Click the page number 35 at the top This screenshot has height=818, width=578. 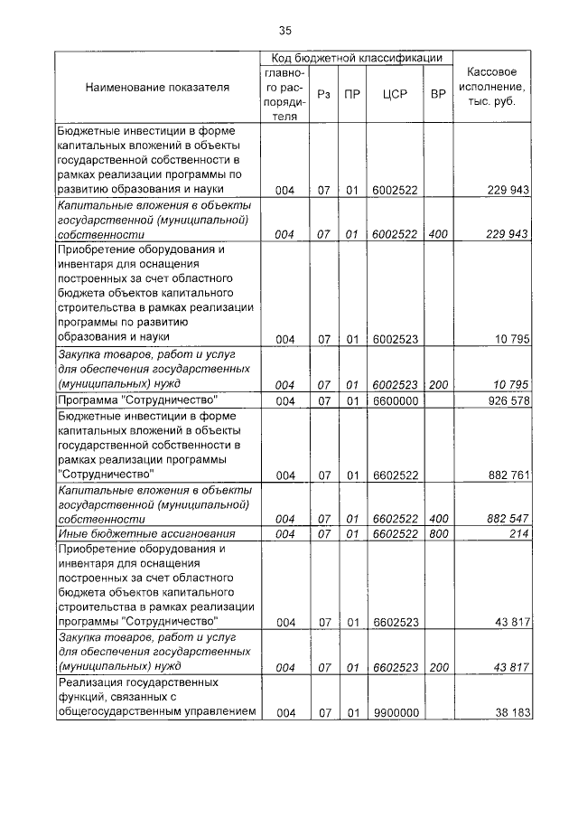tap(285, 32)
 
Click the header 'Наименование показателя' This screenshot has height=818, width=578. tap(157, 88)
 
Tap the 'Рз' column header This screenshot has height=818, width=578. tap(323, 93)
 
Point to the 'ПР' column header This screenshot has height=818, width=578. tap(351, 93)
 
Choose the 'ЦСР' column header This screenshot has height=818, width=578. tap(394, 93)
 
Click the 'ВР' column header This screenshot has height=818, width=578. tap(438, 93)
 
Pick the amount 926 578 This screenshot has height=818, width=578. tap(507, 400)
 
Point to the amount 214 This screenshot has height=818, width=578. tap(518, 533)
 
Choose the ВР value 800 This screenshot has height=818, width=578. tap(438, 533)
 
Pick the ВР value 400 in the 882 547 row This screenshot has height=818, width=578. tap(438, 519)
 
